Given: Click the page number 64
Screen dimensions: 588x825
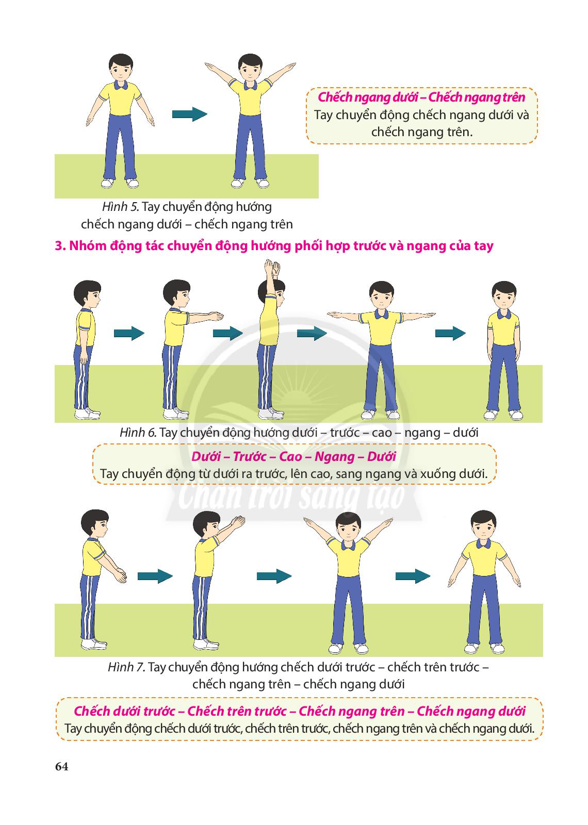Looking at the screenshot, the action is coord(61,766).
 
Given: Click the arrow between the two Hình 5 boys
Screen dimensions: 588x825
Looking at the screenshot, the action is coord(190,114).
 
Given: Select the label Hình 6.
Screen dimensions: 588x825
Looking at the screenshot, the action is coord(138,433).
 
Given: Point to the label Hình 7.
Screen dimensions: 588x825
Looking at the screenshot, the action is coord(126,667).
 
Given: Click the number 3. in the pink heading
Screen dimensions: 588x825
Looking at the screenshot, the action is coord(60,245).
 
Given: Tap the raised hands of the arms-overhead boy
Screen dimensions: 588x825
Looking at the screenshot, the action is coord(272,269).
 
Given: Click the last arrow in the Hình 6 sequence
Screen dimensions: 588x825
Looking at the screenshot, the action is coord(451,333).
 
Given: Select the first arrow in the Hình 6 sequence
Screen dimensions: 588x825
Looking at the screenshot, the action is coord(129,333).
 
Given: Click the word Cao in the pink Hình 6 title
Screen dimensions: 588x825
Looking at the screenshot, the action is coord(291,457).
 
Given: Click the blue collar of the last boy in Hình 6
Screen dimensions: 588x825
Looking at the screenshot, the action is coord(503,314).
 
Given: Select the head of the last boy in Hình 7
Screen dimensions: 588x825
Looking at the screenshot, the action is coord(484,525).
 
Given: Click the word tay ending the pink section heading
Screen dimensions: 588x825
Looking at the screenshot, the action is coord(483,246).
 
